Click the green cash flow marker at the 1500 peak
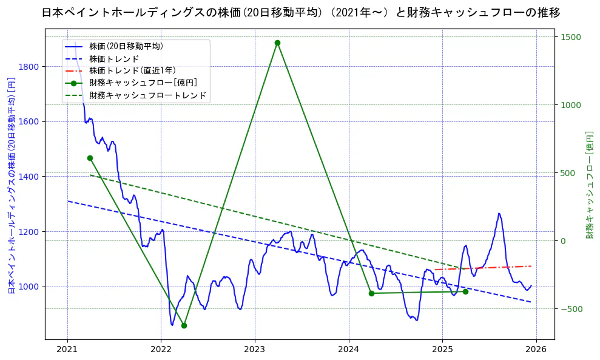(277, 42)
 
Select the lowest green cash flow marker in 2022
(184, 325)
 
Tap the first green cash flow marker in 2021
(90, 158)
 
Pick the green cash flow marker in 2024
(371, 293)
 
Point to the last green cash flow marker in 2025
(465, 291)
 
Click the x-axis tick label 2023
(255, 350)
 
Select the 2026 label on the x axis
(536, 350)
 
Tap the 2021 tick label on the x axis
(67, 350)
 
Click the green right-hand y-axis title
(589, 185)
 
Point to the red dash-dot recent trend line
(485, 268)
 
